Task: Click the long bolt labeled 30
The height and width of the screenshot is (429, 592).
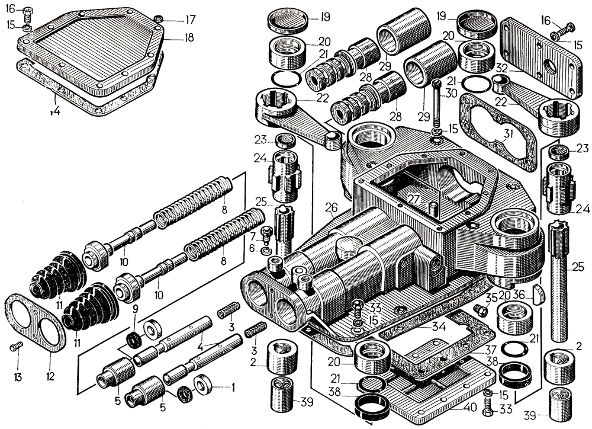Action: click(435, 107)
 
